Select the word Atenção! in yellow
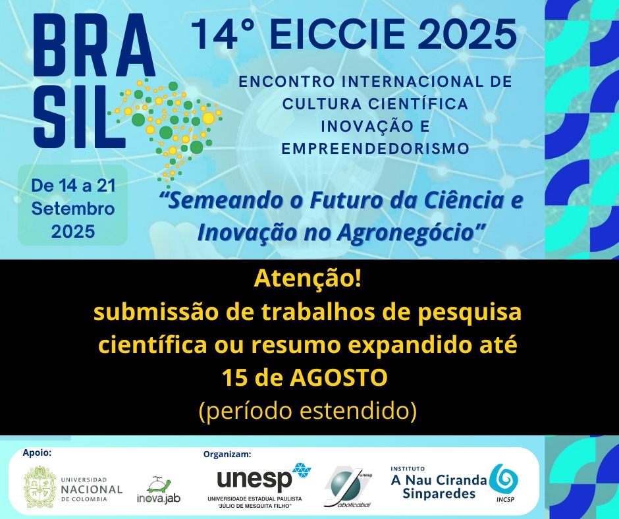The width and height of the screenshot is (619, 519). [x=307, y=279]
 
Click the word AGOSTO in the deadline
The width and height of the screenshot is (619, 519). [x=338, y=377]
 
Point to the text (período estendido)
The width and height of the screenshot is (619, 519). [x=308, y=411]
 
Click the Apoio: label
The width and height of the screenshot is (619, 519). [x=37, y=452]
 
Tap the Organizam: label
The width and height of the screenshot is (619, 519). [x=227, y=454]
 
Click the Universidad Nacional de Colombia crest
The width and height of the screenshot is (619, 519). [x=39, y=487]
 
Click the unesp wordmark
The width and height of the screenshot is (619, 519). [x=254, y=479]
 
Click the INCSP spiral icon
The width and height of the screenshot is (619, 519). [x=503, y=479]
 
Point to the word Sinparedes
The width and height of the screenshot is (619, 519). [x=439, y=493]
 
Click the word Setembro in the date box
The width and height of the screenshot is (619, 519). [x=73, y=209]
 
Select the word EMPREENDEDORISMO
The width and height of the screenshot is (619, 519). [x=375, y=148]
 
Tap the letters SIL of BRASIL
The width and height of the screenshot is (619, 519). [x=78, y=117]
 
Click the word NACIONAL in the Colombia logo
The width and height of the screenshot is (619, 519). [x=92, y=489]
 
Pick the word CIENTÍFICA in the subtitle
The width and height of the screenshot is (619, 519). [x=418, y=104]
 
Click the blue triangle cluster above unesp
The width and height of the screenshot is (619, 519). [x=302, y=470]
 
